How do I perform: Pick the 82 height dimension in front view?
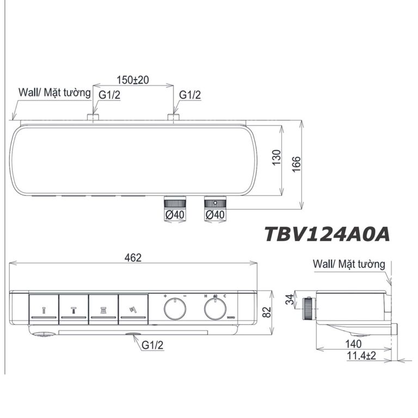pyautogui.click(x=267, y=312)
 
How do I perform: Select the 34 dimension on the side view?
pyautogui.click(x=290, y=299)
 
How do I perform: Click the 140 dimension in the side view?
pyautogui.click(x=354, y=344)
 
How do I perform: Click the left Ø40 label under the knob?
pyautogui.click(x=174, y=216)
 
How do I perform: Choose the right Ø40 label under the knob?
pyautogui.click(x=215, y=216)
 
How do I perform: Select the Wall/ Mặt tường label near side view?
pyautogui.click(x=349, y=265)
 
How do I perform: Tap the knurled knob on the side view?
pyautogui.click(x=309, y=308)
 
